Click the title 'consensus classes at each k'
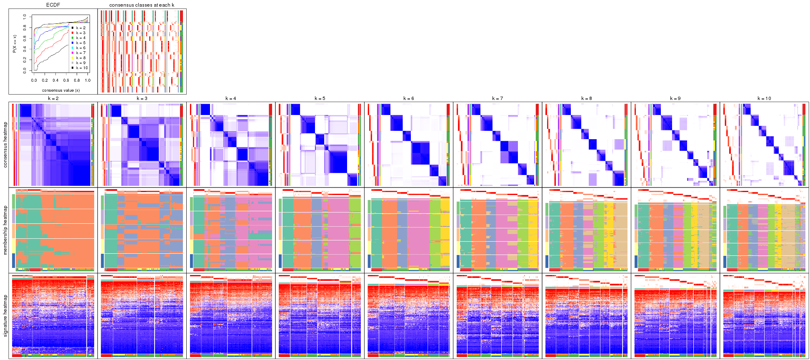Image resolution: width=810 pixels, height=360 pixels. pos(142,5)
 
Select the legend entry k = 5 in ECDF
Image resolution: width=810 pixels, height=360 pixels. pos(80,43)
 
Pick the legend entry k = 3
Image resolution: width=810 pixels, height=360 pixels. pos(80,33)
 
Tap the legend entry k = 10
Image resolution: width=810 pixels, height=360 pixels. pos(81,68)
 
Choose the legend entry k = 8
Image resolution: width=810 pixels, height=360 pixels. pos(80,58)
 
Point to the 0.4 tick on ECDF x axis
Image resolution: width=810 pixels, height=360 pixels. pos(55,80)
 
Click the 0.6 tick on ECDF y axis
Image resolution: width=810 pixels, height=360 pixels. pos(25,38)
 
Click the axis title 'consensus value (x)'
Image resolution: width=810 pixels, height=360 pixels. pos(61,90)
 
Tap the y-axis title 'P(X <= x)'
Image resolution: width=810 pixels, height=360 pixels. pos(15,44)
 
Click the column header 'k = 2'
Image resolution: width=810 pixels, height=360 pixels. pos(53,99)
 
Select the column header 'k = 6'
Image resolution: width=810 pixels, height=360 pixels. pos(408,99)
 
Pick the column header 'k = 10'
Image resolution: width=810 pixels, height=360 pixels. pos(764,99)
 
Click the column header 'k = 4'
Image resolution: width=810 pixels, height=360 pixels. pos(230,99)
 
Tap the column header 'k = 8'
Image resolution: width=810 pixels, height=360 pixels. pos(586,99)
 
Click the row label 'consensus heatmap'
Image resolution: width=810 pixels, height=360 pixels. pos(5,145)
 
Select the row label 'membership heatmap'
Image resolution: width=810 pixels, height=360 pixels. pos(5,230)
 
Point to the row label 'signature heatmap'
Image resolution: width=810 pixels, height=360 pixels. pos(5,315)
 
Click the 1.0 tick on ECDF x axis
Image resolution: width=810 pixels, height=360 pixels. pos(87,80)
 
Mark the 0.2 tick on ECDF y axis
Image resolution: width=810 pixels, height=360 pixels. pos(25,60)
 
